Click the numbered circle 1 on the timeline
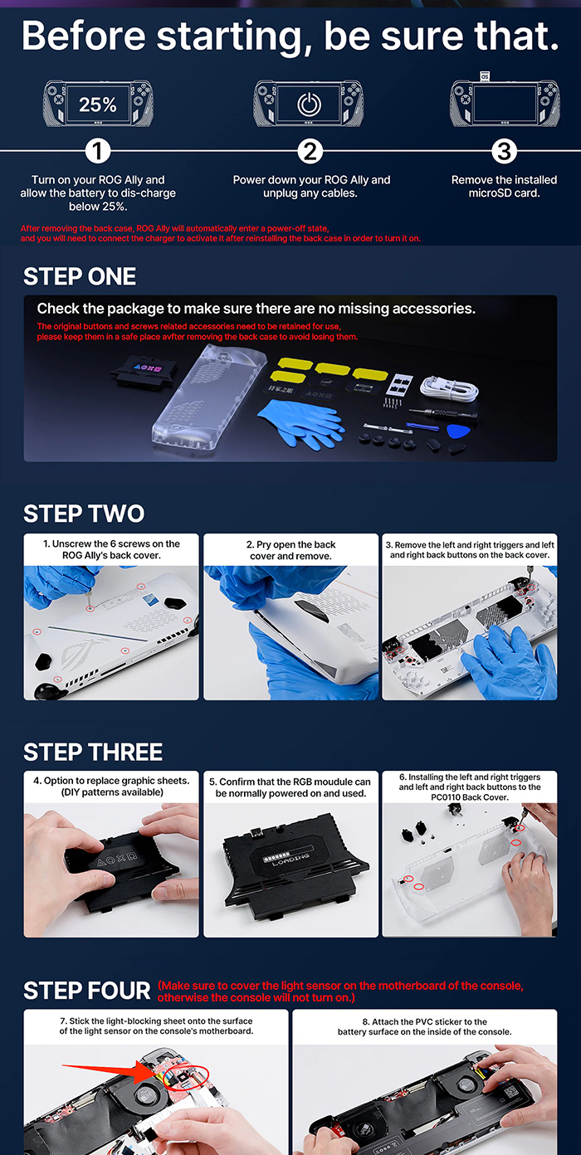(x=97, y=151)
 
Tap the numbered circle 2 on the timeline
(x=310, y=151)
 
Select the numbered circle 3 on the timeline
(x=504, y=151)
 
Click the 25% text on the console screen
(x=97, y=105)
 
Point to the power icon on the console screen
(x=309, y=105)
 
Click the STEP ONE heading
(x=80, y=276)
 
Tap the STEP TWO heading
(x=84, y=514)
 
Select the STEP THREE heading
(x=93, y=752)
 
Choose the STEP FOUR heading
(x=86, y=991)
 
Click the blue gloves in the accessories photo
(x=300, y=424)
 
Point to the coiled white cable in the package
(x=449, y=387)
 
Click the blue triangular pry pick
(x=457, y=431)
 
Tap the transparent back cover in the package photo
(x=210, y=396)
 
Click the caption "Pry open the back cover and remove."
(x=291, y=550)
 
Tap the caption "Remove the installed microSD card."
(x=504, y=186)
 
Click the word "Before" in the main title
(x=84, y=36)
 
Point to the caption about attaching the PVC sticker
(x=425, y=1026)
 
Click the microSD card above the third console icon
(x=485, y=76)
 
